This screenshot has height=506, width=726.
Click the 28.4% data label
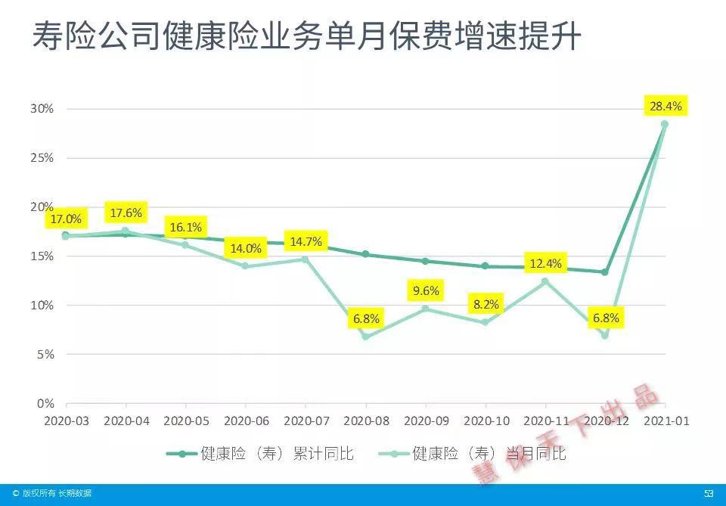[665, 107]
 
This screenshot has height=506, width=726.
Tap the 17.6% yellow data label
[126, 213]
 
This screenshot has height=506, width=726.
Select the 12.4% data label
[545, 264]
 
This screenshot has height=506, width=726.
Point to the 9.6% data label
[426, 291]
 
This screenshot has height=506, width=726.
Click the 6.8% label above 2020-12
[604, 318]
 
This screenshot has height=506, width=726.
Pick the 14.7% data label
[306, 242]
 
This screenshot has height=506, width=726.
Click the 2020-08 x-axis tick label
[366, 421]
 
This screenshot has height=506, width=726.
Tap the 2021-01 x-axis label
[665, 421]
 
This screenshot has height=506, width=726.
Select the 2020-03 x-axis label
[66, 421]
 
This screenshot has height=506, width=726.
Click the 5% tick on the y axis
[45, 354]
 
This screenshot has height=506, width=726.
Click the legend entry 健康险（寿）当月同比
[470, 454]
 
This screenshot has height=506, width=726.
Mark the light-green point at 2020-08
[366, 336]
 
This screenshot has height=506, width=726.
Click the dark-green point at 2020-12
[604, 272]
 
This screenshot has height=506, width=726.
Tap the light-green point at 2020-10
[486, 322]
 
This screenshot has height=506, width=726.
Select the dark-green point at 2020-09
[426, 261]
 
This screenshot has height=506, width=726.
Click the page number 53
[709, 494]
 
